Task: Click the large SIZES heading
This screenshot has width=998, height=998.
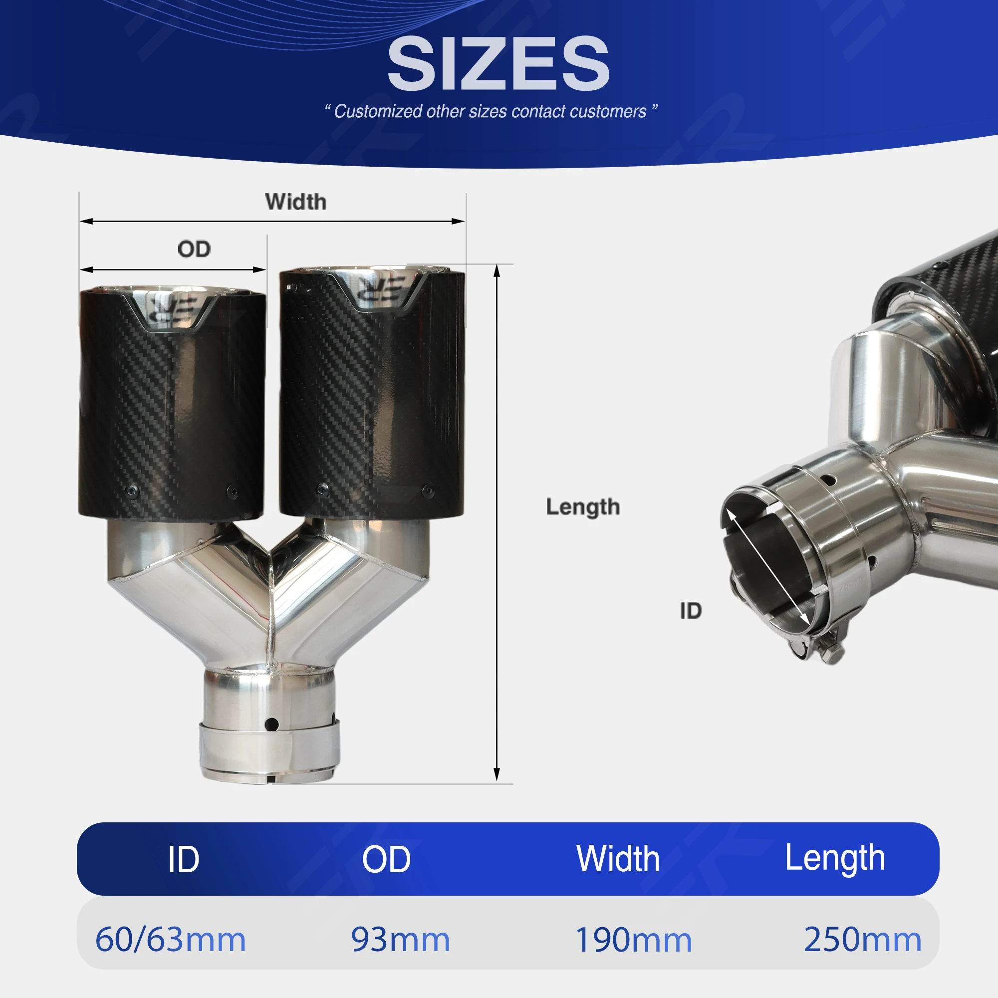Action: click(499, 63)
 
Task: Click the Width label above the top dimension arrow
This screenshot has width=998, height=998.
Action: click(295, 202)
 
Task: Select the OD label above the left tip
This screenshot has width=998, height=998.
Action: click(194, 249)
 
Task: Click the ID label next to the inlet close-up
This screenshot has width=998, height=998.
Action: click(691, 611)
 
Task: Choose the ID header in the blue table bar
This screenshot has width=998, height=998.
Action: click(183, 860)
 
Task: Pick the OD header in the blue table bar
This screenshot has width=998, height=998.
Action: click(386, 860)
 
